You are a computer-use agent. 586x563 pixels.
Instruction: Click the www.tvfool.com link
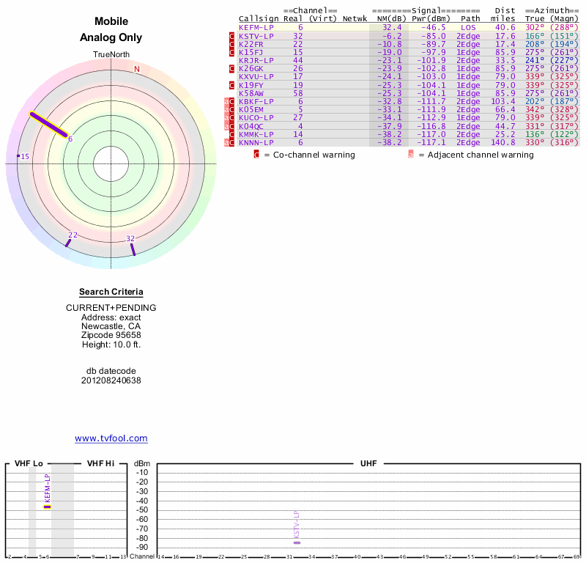111,438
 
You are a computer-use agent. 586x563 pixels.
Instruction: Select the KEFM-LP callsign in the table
256,27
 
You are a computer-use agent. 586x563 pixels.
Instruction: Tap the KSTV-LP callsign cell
256,35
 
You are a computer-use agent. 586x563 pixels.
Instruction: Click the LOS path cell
468,27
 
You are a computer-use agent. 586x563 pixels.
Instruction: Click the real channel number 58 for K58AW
298,94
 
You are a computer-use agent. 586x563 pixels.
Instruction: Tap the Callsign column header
254,18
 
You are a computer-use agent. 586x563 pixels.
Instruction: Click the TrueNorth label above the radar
111,55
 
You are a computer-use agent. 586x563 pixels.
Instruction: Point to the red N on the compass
136,70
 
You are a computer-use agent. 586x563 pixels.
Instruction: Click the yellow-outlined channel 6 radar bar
48,125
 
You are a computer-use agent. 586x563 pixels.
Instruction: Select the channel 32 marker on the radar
133,249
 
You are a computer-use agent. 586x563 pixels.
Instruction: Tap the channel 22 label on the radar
73,235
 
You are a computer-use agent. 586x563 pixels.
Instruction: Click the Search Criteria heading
111,292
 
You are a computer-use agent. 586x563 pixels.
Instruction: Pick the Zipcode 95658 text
111,334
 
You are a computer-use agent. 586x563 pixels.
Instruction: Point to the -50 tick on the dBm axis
142,509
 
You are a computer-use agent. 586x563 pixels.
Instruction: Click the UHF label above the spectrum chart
368,464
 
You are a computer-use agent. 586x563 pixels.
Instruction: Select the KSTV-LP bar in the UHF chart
297,542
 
